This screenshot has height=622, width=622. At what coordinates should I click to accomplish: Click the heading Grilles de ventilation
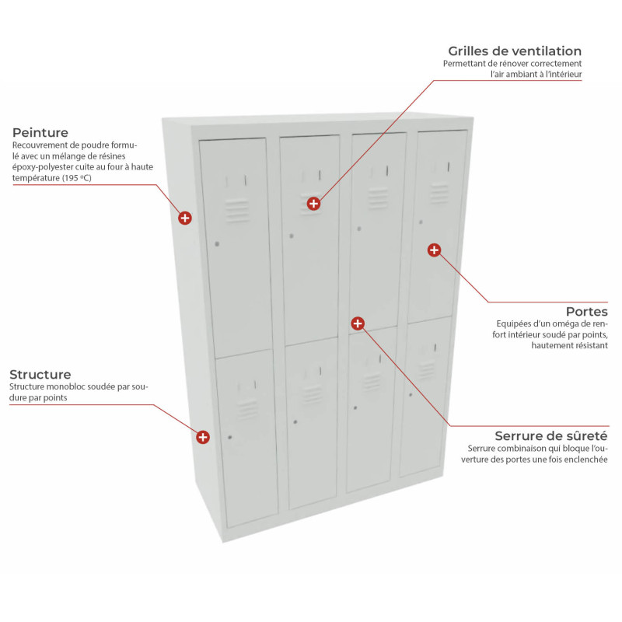515,51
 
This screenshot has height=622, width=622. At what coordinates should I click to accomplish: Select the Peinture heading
40,132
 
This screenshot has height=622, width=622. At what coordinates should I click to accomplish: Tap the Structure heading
40,375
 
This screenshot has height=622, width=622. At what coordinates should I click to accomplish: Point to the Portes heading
587,312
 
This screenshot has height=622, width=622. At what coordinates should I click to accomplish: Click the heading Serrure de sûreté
551,436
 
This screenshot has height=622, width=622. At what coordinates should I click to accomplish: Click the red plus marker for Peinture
185,218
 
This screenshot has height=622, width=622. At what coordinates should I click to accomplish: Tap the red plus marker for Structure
203,437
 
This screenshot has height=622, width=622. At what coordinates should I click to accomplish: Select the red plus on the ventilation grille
313,204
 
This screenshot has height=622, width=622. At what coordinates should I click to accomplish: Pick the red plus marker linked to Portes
434,250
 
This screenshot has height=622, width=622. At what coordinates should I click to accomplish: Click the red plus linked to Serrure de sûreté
358,323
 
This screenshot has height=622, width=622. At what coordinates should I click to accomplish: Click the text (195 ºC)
76,178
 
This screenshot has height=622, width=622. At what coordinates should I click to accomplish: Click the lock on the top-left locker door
217,244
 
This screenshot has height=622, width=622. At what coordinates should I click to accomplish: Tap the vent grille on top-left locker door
237,210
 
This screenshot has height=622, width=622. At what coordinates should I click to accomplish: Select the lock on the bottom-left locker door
230,438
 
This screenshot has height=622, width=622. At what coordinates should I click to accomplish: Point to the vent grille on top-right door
439,193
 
